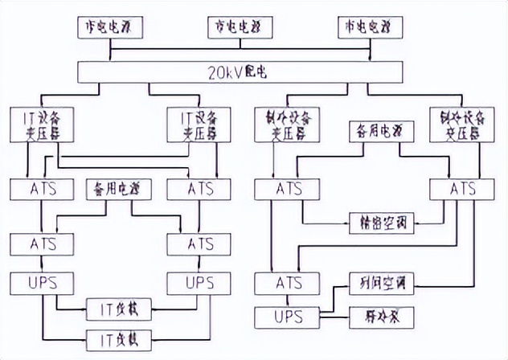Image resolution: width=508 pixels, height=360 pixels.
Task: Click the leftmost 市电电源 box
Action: tap(110, 28)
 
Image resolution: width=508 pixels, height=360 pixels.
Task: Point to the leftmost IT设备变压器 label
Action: tap(43, 125)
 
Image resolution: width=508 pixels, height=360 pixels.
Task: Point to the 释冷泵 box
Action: tap(380, 317)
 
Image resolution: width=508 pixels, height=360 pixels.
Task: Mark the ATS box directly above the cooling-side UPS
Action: tap(287, 283)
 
